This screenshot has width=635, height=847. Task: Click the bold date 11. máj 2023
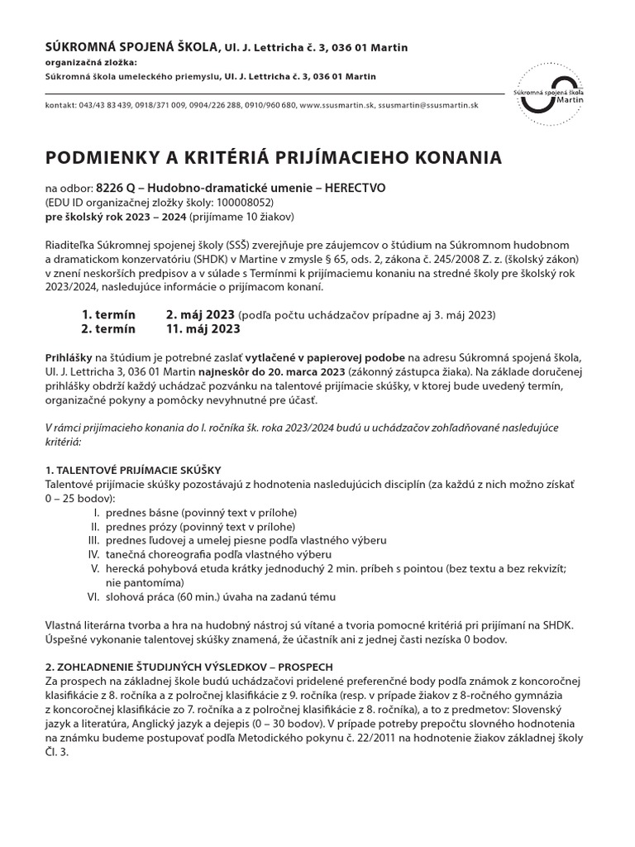tap(203, 328)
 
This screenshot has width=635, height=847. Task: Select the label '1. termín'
tap(108, 315)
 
